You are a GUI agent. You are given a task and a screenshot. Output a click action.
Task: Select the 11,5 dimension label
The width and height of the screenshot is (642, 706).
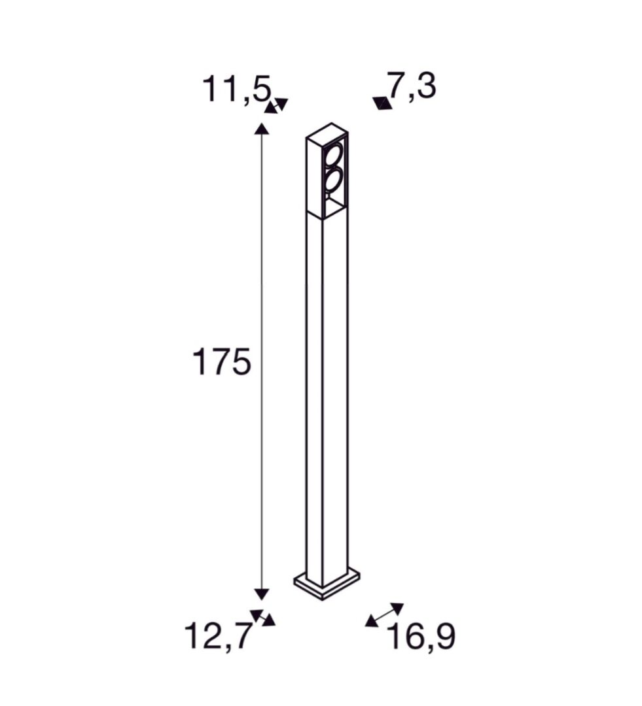[235, 90]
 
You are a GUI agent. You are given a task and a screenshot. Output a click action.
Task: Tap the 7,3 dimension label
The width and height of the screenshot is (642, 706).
[411, 86]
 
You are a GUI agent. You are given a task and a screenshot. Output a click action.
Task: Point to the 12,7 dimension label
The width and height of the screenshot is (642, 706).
[217, 635]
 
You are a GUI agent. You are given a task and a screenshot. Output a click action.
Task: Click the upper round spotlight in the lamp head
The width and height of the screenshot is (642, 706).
[333, 155]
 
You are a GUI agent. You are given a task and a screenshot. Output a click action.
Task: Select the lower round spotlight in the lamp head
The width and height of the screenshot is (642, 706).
[332, 180]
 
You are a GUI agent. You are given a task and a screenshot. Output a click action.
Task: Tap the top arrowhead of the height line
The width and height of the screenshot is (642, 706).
[262, 128]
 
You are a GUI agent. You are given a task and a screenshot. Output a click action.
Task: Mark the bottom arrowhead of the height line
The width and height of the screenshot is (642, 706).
[262, 594]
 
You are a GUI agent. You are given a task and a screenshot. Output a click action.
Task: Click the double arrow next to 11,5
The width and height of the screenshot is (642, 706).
[276, 105]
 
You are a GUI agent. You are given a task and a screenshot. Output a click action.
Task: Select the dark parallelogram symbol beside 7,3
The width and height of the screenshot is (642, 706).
[382, 102]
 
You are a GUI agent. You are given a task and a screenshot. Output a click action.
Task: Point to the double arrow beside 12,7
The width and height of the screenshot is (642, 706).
[263, 618]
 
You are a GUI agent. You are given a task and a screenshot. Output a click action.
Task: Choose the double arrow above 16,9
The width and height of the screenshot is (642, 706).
[384, 614]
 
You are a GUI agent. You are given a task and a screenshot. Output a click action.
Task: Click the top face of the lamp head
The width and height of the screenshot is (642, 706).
[327, 129]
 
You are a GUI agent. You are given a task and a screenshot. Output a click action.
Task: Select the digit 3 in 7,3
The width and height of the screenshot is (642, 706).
[425, 86]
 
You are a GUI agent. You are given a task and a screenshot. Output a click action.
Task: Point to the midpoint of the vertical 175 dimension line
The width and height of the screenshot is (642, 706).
[262, 361]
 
